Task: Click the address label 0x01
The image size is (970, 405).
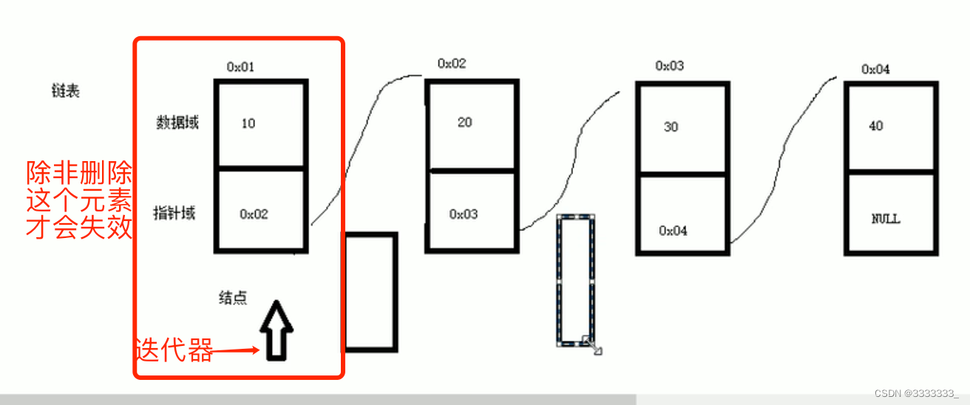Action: point(240,67)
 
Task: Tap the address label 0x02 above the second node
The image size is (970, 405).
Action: point(452,64)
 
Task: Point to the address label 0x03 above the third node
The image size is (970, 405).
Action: point(669,66)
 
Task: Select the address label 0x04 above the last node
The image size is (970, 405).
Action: point(875,69)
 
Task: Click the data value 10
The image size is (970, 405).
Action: point(248,123)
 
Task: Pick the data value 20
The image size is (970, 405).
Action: point(464,122)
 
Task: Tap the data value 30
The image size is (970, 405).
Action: point(671,126)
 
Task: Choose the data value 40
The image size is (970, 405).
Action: point(876,126)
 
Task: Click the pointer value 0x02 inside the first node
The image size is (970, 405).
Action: point(254,214)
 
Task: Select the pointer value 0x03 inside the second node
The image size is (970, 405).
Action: point(464,214)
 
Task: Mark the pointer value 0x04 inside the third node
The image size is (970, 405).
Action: point(673,231)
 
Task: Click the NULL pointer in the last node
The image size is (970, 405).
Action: point(886,219)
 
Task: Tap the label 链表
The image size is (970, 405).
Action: point(65,91)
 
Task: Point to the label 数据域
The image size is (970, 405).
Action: point(177,122)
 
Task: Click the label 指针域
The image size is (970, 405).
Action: point(174,214)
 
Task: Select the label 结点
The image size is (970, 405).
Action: point(233,298)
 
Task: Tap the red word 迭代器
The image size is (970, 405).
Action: point(174,350)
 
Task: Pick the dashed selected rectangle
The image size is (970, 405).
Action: point(576,281)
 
